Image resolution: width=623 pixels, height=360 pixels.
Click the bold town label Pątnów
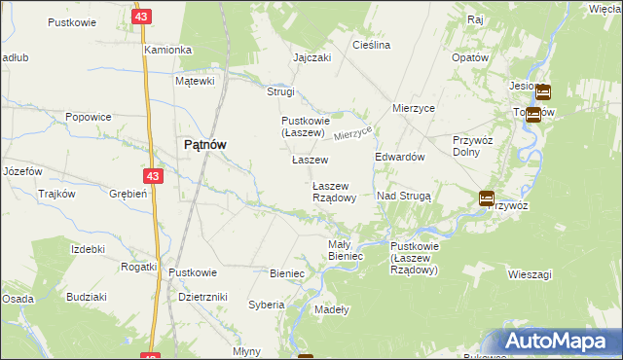point(204,145)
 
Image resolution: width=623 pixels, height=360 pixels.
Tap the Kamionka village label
point(167,50)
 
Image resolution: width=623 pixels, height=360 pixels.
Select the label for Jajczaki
point(312,57)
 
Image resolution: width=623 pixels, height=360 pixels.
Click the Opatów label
point(469,57)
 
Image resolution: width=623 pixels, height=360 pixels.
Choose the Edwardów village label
point(400,157)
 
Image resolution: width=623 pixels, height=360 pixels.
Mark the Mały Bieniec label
point(346,249)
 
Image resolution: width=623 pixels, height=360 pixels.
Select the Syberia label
point(266,305)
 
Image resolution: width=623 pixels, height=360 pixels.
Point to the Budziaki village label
point(87,296)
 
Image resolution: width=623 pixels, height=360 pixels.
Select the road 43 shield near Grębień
point(151,176)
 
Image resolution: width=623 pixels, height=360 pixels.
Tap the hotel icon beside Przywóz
point(486,198)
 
